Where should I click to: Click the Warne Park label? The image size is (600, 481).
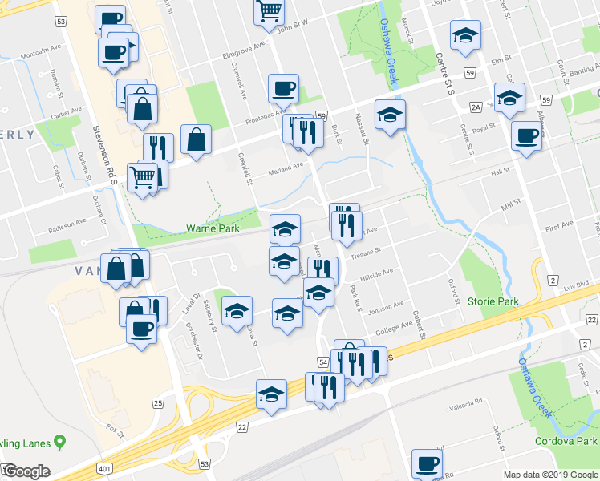(x=213, y=228)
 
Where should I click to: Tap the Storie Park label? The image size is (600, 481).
(x=493, y=302)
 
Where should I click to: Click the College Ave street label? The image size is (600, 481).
(x=393, y=329)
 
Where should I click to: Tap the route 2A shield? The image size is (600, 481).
(x=476, y=107)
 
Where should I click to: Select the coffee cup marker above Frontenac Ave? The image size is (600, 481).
(x=282, y=89)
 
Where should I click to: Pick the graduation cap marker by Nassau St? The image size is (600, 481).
(x=390, y=115)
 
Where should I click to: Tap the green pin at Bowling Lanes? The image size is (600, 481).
(x=59, y=443)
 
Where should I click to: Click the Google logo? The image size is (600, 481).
(x=26, y=471)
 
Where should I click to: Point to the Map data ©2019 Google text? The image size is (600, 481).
(x=550, y=475)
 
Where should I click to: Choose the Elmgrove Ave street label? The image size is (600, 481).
(x=243, y=51)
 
